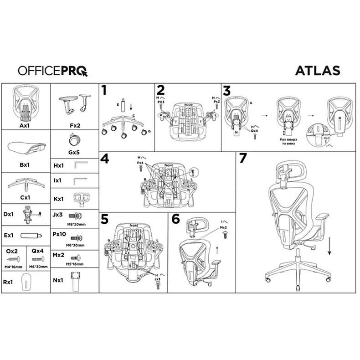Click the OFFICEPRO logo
(x=52, y=71)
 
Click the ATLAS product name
(x=318, y=71)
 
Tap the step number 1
(x=104, y=90)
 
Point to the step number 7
(x=242, y=159)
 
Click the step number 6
(x=175, y=219)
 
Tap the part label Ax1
(x=25, y=124)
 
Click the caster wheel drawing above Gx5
(x=74, y=139)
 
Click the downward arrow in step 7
(x=329, y=249)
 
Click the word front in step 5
(x=134, y=226)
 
